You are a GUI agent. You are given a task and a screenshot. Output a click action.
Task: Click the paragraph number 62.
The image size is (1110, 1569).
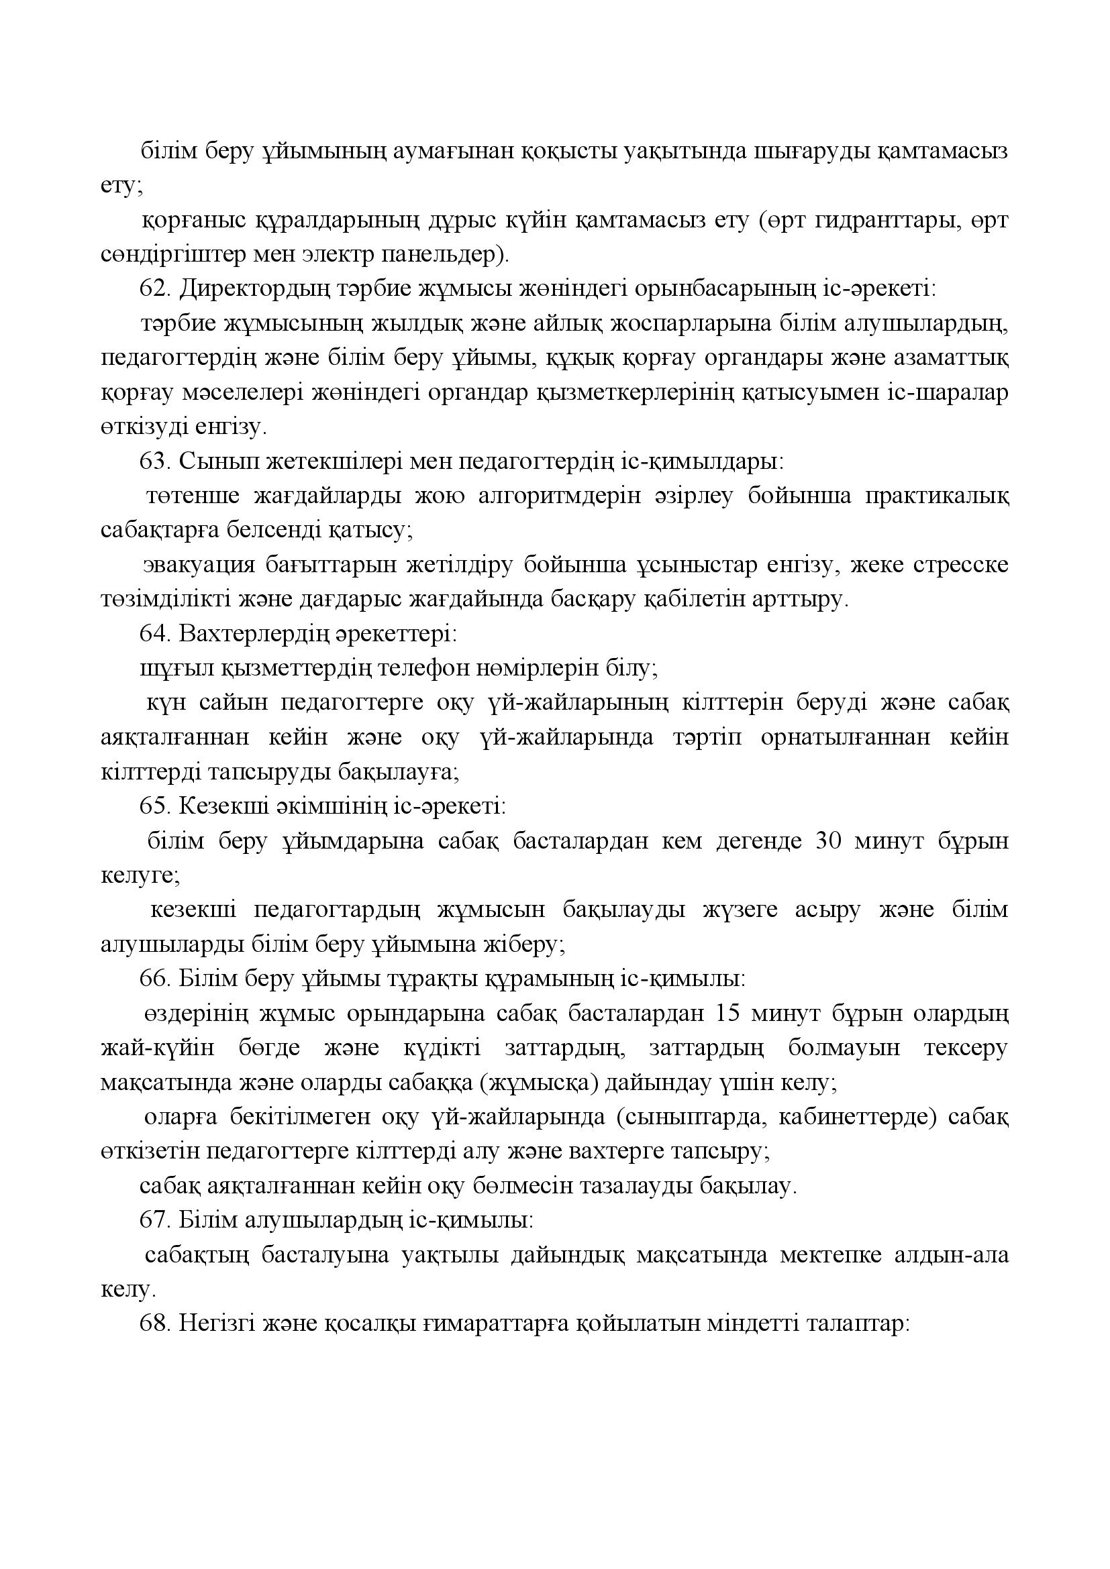click(x=154, y=290)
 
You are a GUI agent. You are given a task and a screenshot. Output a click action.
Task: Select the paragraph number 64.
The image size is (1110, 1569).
click(x=154, y=634)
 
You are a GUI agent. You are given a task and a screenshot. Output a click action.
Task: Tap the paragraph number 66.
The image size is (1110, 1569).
click(x=154, y=979)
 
